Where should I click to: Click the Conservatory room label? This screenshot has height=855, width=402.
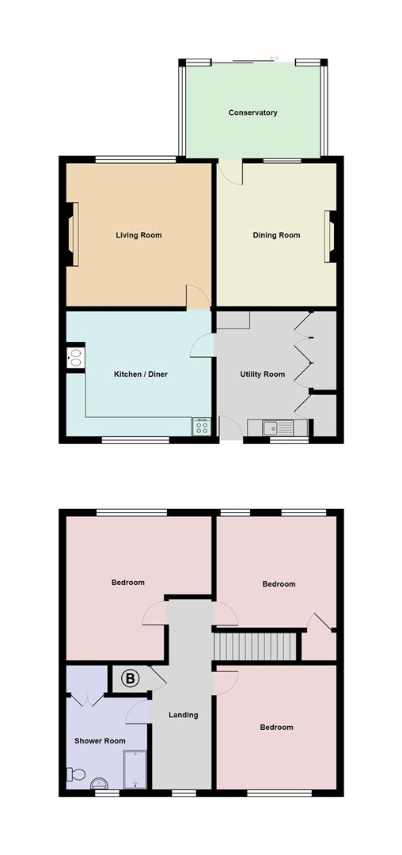click(x=252, y=113)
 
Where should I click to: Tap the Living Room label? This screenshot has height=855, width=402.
click(x=138, y=235)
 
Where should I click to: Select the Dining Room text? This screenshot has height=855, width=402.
click(x=276, y=235)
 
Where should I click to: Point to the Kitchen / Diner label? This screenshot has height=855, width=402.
click(x=141, y=374)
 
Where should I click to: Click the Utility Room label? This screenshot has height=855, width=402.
click(x=263, y=374)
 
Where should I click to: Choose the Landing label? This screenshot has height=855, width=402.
click(x=184, y=715)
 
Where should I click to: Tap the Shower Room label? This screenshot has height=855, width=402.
click(x=100, y=741)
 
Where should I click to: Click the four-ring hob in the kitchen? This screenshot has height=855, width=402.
click(x=201, y=427)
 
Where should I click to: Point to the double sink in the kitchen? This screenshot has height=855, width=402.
click(x=76, y=358)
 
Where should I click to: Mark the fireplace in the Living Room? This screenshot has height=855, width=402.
click(x=73, y=235)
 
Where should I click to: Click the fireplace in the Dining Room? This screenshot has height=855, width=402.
click(x=329, y=236)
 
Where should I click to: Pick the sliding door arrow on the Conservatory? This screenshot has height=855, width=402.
click(x=274, y=58)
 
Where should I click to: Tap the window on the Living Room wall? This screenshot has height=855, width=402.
click(x=136, y=160)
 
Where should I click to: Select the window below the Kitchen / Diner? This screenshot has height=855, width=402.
click(x=135, y=439)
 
